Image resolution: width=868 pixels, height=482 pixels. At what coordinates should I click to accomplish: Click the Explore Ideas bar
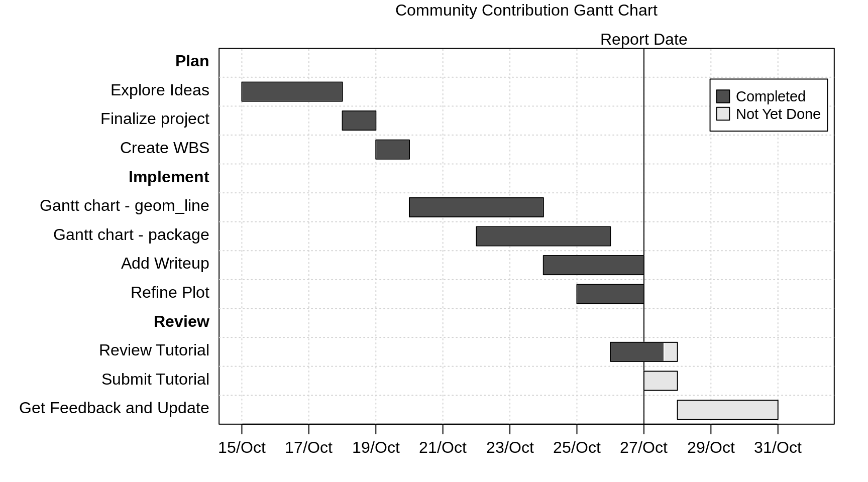tap(292, 91)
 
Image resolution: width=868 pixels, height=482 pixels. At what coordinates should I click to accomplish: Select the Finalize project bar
tap(359, 120)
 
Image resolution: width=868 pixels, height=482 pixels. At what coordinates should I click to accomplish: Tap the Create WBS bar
tap(392, 150)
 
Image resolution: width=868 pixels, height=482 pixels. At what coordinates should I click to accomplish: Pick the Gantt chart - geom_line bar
tap(476, 207)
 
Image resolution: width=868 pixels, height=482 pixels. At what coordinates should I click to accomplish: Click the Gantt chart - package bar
tap(543, 236)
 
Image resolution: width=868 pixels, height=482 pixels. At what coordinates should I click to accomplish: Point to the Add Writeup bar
tap(593, 265)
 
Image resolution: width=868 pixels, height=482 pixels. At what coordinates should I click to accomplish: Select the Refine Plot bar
tap(610, 294)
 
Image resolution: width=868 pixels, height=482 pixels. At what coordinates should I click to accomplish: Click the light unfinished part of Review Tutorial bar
tap(671, 352)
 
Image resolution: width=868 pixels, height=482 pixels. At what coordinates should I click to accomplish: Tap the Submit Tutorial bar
tap(661, 381)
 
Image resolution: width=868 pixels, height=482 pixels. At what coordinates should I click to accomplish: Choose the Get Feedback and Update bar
tap(727, 410)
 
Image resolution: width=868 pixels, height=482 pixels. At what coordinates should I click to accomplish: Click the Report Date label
tap(643, 39)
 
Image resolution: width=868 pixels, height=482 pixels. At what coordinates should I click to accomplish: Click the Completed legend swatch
tap(723, 96)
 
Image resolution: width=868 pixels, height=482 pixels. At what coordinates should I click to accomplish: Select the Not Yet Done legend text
tap(778, 114)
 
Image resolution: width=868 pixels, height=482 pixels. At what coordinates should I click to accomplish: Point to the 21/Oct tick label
tap(443, 447)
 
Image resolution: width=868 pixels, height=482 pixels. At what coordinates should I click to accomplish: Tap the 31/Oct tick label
tap(778, 447)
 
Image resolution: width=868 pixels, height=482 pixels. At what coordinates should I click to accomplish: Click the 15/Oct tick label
tap(242, 447)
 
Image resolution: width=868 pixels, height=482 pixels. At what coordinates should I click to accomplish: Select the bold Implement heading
tap(169, 177)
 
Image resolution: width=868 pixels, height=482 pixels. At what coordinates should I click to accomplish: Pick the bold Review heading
tap(181, 322)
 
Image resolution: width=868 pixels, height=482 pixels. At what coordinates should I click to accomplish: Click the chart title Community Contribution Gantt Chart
tap(526, 11)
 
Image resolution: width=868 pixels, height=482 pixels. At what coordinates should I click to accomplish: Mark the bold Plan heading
tap(192, 61)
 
